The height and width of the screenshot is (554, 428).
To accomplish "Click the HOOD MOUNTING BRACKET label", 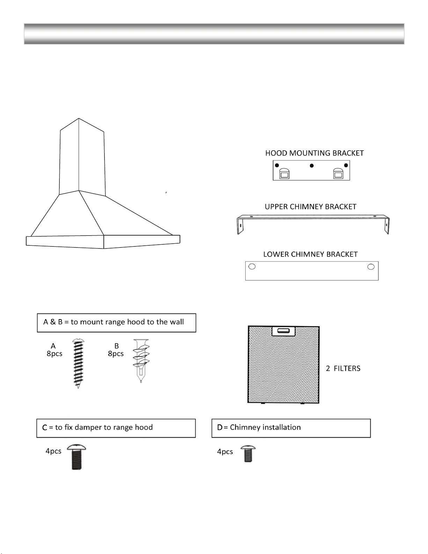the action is tap(314, 153).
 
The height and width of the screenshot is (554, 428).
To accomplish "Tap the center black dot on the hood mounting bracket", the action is tap(312, 166).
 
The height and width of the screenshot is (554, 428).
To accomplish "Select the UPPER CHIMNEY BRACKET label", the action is tap(310, 207).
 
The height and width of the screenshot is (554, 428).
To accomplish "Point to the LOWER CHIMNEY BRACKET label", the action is tap(310, 254).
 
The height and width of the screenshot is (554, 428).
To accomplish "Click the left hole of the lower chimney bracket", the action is tap(252, 266).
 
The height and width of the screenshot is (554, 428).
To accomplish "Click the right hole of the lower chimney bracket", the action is tap(371, 267).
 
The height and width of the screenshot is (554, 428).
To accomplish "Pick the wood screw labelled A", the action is tap(78, 363).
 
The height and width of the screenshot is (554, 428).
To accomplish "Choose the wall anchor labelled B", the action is tap(141, 361).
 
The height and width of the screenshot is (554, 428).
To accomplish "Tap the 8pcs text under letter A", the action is tap(55, 354).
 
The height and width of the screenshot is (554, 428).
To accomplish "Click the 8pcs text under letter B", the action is tap(116, 354).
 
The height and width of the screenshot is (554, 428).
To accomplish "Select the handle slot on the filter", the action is tap(284, 331).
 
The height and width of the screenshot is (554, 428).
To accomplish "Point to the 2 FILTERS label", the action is tap(343, 368).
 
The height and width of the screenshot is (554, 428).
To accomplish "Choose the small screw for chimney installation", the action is tap(248, 454).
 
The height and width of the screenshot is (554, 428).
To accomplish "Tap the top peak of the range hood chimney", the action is tap(79, 118).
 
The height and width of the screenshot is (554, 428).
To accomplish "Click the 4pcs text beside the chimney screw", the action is tap(225, 452).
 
